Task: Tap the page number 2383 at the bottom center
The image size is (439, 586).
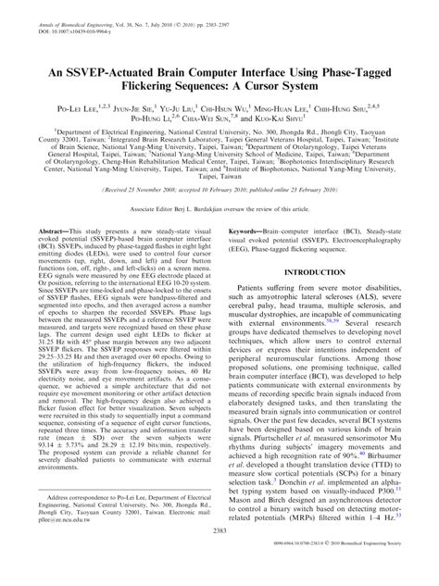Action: coord(219,558)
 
